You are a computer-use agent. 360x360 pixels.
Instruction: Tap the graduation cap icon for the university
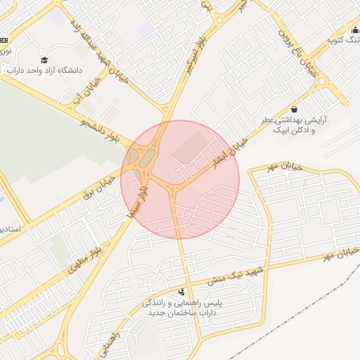coord(45,60)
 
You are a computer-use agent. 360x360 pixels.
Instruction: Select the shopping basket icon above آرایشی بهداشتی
coord(294,110)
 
